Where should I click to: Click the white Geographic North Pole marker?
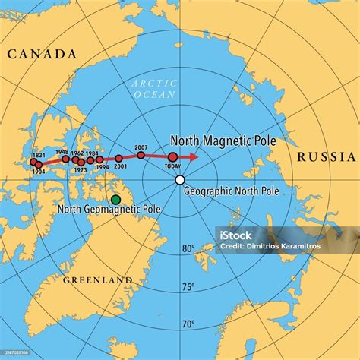click(x=180, y=180)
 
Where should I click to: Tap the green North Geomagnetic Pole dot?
click(x=115, y=200)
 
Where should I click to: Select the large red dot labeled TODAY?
click(x=172, y=157)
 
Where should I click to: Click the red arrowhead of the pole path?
click(x=194, y=157)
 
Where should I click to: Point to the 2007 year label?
click(x=141, y=147)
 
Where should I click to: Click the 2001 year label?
click(x=120, y=166)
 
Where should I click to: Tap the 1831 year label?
click(x=39, y=155)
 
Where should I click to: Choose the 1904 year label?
click(x=39, y=172)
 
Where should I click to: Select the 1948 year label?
click(x=62, y=151)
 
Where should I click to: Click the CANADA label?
click(x=42, y=54)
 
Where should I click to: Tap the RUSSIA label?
click(x=326, y=157)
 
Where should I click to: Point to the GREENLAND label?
click(x=98, y=280)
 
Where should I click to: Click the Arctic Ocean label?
click(x=153, y=89)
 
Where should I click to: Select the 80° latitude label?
click(x=188, y=248)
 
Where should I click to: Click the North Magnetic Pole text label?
click(x=223, y=141)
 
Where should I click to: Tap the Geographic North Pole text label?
click(x=232, y=191)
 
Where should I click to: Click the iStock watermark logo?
click(x=236, y=235)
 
